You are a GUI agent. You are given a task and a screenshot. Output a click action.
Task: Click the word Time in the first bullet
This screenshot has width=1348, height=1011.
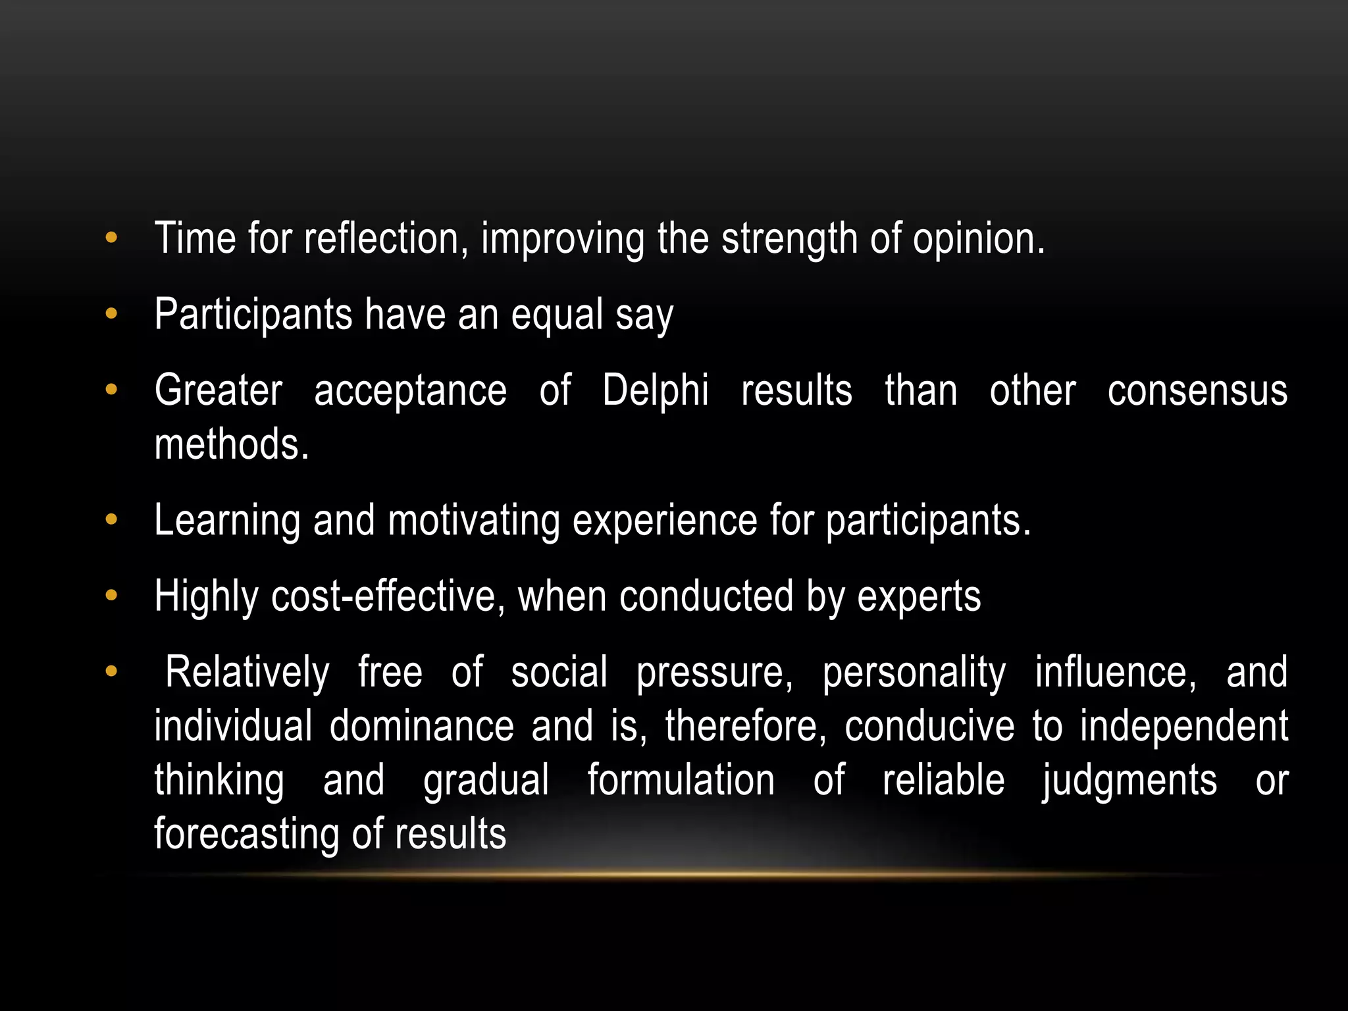195,238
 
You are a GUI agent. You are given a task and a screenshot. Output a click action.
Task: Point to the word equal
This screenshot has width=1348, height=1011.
557,315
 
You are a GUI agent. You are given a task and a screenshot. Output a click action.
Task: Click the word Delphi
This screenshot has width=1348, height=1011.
655,390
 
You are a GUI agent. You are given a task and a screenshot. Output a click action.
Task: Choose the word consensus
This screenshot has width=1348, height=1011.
1197,391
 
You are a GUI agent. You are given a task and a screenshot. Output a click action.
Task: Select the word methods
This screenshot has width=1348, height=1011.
231,444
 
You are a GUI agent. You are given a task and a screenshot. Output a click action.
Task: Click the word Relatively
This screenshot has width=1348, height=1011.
247,673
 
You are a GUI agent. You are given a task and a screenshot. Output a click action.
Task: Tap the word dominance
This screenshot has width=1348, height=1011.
421,726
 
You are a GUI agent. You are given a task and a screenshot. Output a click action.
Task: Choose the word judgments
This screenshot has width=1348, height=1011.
1129,781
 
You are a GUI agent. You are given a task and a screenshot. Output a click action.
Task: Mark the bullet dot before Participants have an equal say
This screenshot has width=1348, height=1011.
111,314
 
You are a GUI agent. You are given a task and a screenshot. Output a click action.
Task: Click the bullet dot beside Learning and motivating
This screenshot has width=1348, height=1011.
111,520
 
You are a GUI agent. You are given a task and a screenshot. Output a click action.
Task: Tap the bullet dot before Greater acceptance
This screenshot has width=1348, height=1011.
111,390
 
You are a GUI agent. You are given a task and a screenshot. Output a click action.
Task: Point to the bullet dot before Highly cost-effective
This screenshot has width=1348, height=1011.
111,596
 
